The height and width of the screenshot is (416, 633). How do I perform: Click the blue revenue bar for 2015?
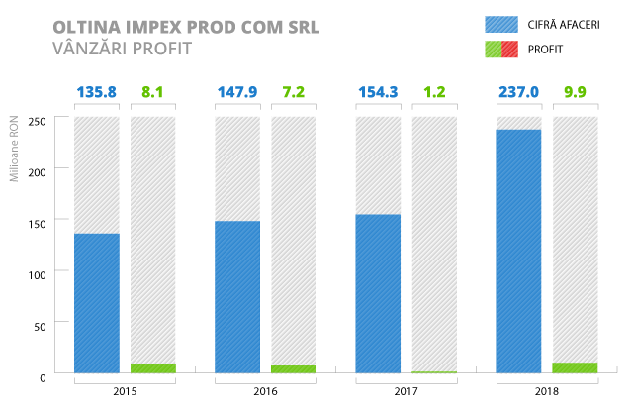[x=96, y=303]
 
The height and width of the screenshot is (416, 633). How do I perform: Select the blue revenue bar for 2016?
[x=237, y=297]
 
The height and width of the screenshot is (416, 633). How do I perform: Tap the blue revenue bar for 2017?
[x=378, y=293]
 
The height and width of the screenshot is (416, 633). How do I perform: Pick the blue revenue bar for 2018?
[x=518, y=252]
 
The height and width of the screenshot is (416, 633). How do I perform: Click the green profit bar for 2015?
[x=153, y=368]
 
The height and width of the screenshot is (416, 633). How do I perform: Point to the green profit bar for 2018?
[x=576, y=367]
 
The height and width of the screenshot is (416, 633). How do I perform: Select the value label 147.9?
[x=237, y=93]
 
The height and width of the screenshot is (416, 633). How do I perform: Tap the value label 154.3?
[x=378, y=93]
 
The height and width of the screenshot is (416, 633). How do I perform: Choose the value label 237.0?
[x=518, y=93]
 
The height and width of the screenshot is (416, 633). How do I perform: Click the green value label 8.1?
[x=153, y=93]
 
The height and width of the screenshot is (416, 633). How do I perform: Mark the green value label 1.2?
[x=434, y=93]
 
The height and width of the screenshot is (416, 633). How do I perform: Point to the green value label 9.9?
[x=576, y=93]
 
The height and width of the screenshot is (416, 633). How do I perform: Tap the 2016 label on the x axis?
[x=265, y=392]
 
